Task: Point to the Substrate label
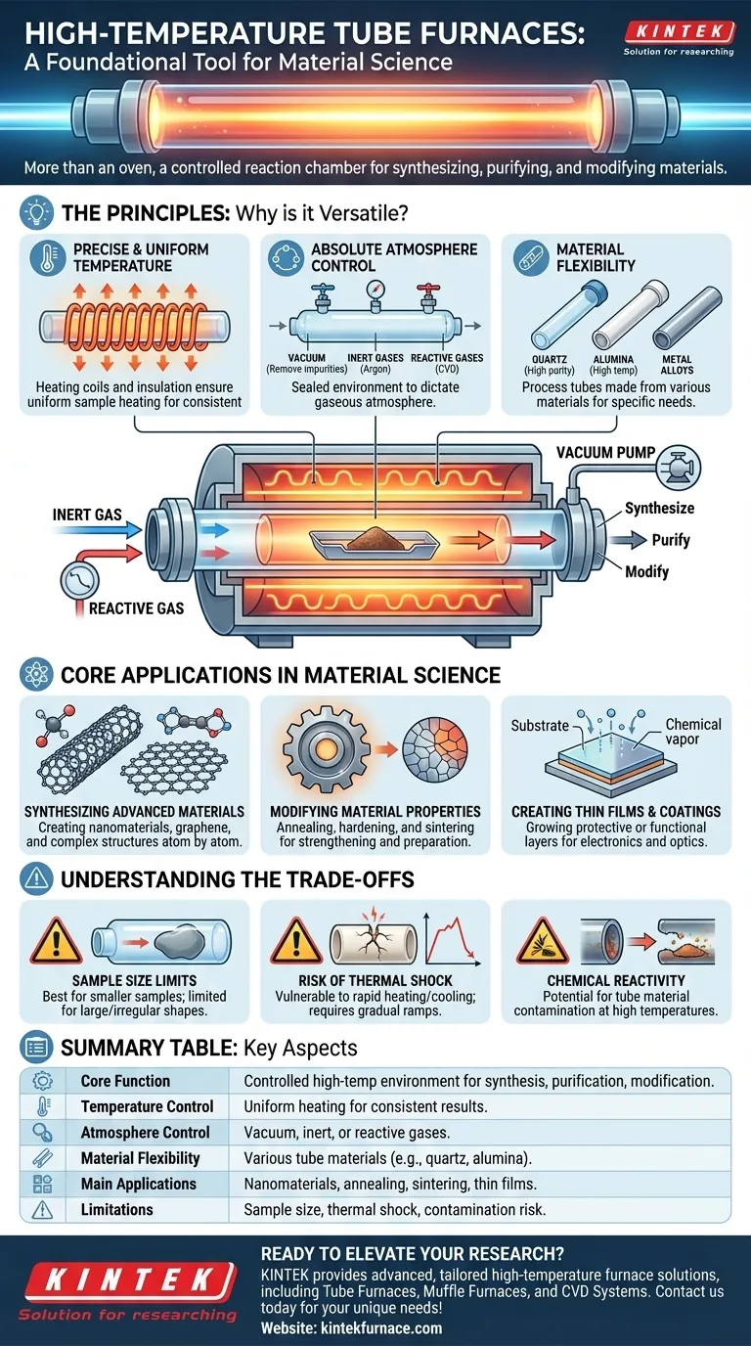coord(539,726)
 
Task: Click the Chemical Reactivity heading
coord(614,980)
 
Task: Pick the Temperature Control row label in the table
coord(147,1106)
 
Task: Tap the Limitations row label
coord(116,1209)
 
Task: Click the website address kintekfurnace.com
coord(351,1327)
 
